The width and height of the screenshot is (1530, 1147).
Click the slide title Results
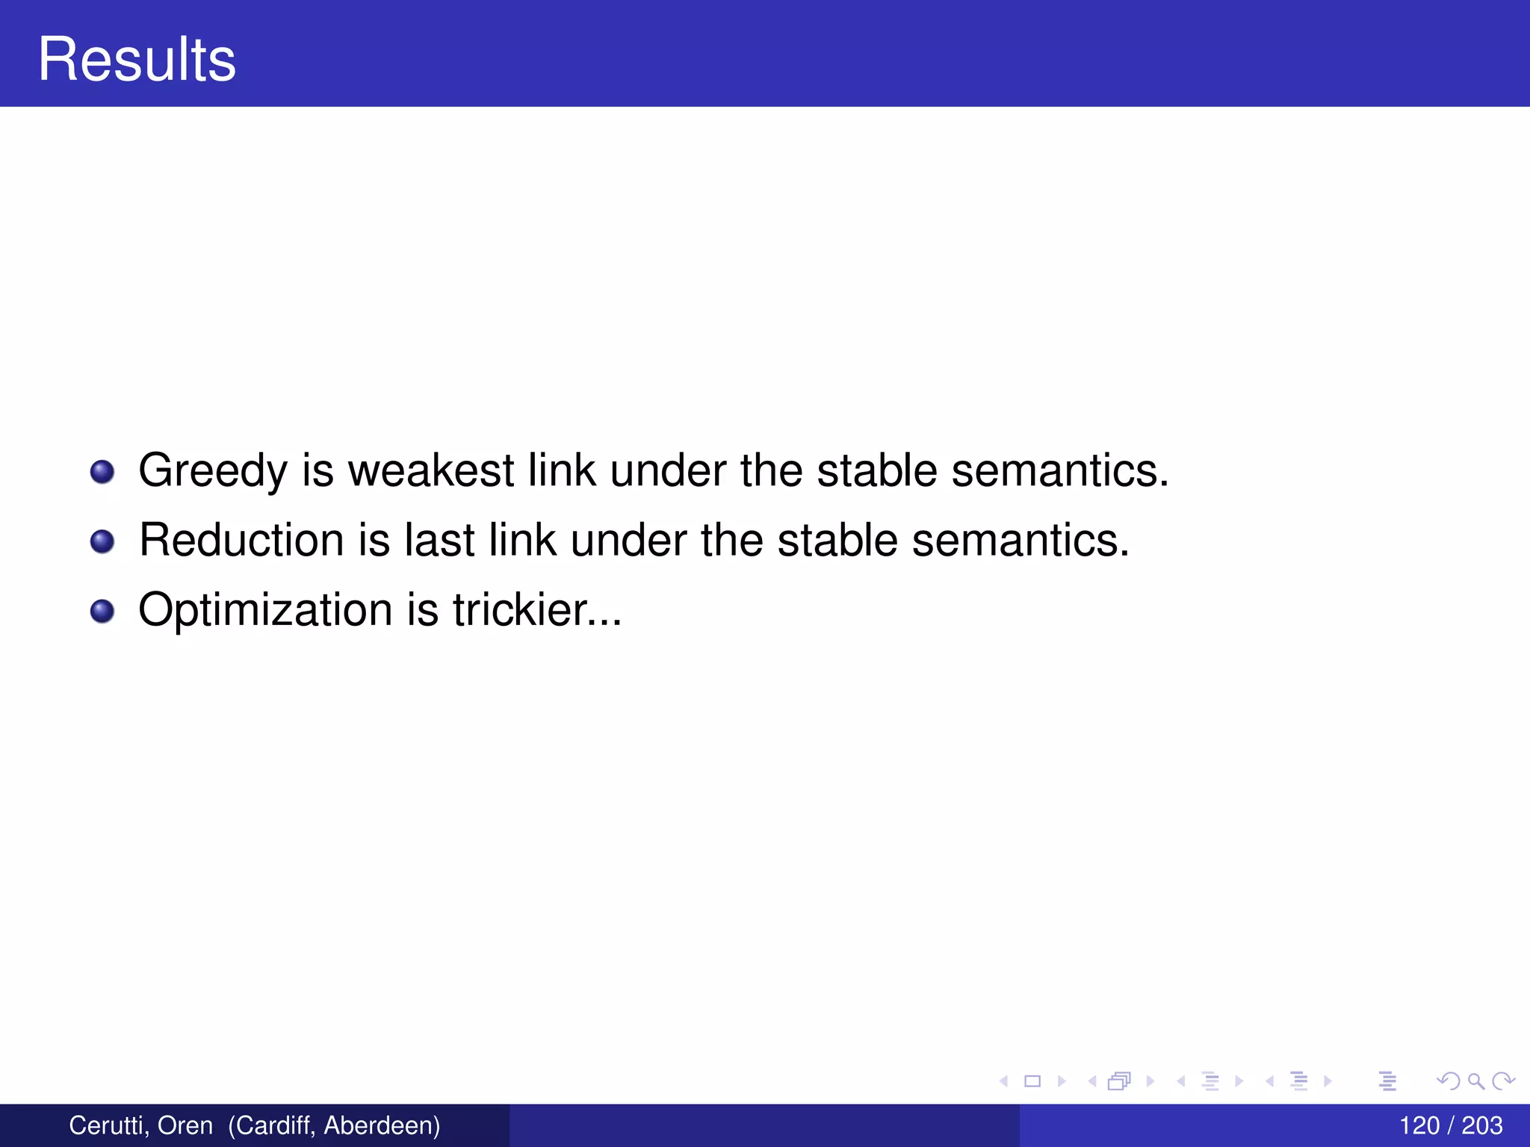[137, 59]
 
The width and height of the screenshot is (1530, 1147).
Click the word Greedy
[213, 472]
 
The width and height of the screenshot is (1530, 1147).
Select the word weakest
[431, 470]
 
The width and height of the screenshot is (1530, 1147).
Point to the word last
[439, 540]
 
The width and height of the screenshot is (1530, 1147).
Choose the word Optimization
[265, 611]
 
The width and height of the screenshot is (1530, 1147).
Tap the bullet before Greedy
[102, 472]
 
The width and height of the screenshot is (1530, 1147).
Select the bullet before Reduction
[102, 541]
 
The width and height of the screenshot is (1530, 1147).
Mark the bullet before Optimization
[102, 612]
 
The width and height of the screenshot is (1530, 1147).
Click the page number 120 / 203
[1450, 1125]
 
